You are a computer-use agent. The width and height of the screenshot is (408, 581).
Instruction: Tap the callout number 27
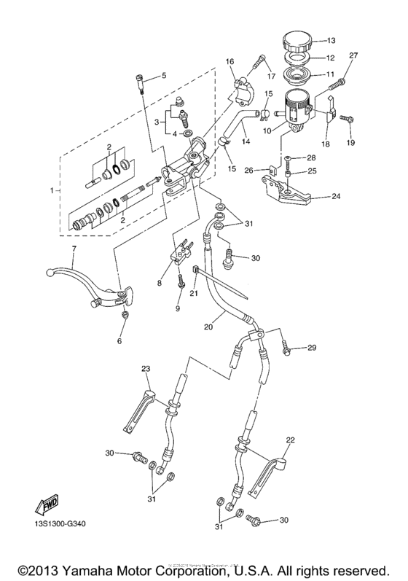354,56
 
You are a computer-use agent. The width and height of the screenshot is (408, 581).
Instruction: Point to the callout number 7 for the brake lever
164,75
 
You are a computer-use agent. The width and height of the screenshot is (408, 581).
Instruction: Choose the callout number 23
146,369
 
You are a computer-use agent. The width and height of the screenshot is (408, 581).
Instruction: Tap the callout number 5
164,75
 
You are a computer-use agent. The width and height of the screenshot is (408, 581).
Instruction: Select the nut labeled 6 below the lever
125,315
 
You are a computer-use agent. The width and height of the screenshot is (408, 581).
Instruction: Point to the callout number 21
193,294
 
